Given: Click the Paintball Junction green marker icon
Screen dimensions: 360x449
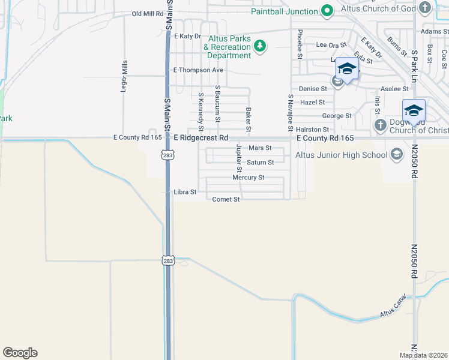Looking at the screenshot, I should tap(327, 11).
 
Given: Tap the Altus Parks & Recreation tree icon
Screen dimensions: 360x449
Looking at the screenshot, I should tap(260, 46).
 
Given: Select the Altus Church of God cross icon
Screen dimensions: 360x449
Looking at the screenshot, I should tap(425, 8).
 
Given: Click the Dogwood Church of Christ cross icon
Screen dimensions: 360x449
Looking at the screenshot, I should tap(380, 125).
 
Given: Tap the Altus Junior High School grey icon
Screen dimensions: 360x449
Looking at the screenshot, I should tap(396, 155).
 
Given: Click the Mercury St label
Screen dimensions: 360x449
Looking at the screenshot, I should tap(249, 178).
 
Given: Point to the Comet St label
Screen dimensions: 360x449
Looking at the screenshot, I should tap(226, 199).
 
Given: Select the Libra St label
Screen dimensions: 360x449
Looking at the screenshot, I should tap(185, 192).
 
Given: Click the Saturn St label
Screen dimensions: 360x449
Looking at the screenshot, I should tap(261, 162).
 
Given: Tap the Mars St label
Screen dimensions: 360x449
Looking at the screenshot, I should tap(260, 148).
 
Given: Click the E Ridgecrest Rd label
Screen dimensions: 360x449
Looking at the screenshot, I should tap(202, 137).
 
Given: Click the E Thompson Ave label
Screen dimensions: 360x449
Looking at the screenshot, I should tap(198, 70).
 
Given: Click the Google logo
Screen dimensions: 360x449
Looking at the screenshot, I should tap(20, 353).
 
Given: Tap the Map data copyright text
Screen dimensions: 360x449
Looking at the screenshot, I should tap(423, 355).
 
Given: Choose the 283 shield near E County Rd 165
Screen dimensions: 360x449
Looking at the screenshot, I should tap(166, 155).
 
